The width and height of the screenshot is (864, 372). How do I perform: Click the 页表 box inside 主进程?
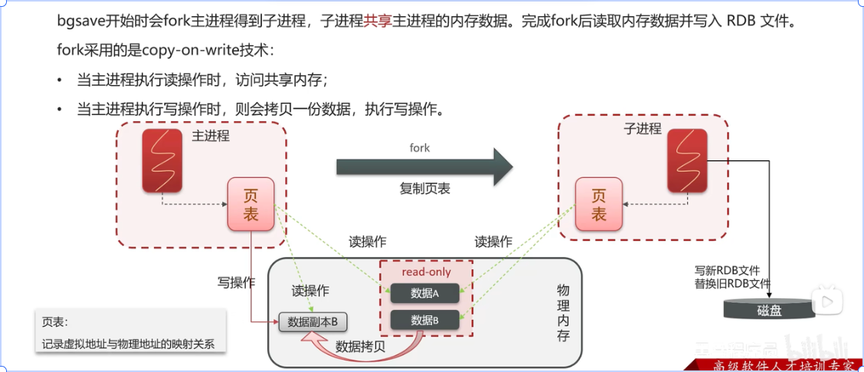coord(250,205)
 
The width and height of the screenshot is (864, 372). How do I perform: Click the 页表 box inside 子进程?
coord(598,204)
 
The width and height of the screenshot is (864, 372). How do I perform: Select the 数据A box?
coord(424,293)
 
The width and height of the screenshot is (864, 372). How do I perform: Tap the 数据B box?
coord(424,321)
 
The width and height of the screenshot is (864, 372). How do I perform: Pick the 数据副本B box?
coord(313,322)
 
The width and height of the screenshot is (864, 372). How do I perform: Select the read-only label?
coord(426,272)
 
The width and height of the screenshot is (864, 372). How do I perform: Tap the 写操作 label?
coord(236,282)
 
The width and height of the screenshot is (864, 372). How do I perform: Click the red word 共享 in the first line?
coord(378,21)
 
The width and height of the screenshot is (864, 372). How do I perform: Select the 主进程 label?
coord(211,137)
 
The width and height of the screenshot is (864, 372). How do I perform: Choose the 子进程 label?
coord(642,128)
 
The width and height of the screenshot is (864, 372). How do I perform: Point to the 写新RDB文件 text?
coord(727,270)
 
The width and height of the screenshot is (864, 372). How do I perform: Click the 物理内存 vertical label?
coord(563,313)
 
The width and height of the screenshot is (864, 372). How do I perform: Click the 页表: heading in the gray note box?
coord(55,322)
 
